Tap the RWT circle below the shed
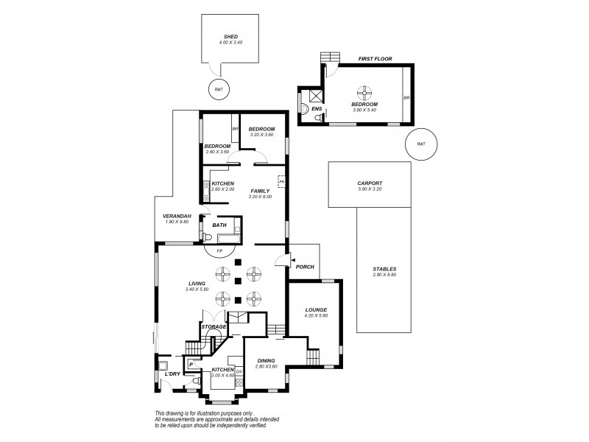tap(219, 89)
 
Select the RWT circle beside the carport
tap(421, 144)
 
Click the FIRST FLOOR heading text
tap(375, 57)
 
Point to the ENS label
tap(317, 109)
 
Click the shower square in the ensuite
tap(316, 94)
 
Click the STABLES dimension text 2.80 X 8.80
tap(384, 275)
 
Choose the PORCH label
tap(305, 267)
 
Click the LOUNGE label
tap(315, 309)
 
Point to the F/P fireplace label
tap(219, 250)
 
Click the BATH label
tap(219, 225)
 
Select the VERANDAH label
tap(177, 215)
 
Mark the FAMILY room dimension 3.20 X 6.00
tap(261, 197)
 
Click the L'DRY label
tap(173, 374)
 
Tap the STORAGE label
tap(214, 326)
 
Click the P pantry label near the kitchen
tap(191, 364)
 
